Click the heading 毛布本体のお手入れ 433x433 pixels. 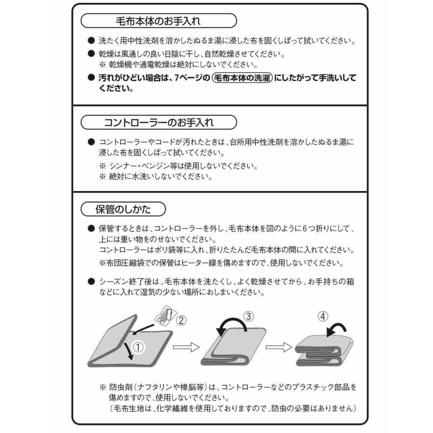pyautogui.click(x=158, y=21)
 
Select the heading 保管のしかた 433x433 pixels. pyautogui.click(x=123, y=209)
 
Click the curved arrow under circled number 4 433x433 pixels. pyautogui.click(x=335, y=330)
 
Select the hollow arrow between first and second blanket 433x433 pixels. pyautogui.click(x=186, y=348)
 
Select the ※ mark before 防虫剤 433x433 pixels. pyautogui.click(x=102, y=386)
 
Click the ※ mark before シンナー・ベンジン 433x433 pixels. pyautogui.click(x=102, y=166)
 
